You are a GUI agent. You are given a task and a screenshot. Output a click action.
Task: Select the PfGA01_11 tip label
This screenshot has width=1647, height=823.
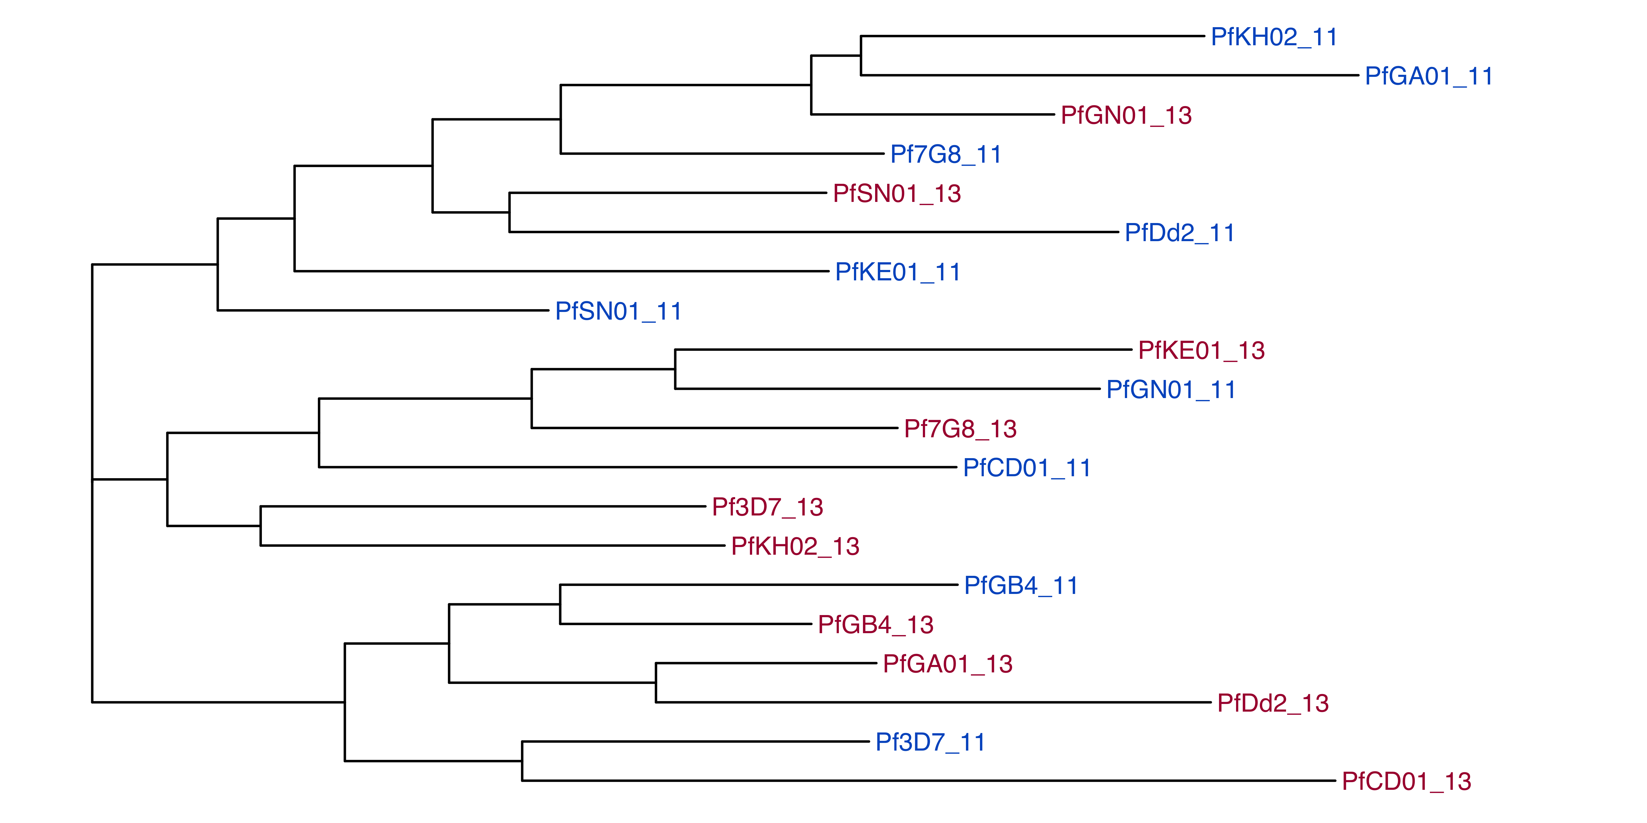[1428, 76]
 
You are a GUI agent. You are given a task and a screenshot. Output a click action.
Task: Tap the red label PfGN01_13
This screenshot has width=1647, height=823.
[1126, 115]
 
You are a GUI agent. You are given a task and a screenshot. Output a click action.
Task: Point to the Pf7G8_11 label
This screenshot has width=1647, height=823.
[946, 154]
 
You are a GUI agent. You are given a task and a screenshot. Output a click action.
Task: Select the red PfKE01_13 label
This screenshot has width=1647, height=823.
[1201, 350]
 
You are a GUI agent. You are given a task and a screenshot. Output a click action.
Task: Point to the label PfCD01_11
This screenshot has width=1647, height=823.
[1026, 468]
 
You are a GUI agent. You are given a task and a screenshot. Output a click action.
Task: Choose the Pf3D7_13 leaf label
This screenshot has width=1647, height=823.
[767, 507]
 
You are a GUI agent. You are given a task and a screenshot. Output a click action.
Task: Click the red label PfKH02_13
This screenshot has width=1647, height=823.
[795, 546]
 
